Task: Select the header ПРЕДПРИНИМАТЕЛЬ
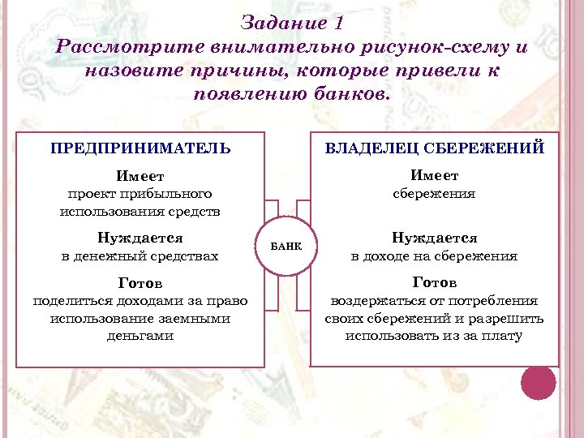click(140, 148)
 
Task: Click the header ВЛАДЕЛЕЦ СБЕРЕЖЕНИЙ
click(435, 148)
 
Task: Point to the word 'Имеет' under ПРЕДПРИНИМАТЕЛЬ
click(140, 176)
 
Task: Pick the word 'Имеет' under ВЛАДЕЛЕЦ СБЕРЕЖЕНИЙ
click(434, 176)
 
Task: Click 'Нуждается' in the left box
click(140, 238)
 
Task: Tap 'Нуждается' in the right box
click(434, 238)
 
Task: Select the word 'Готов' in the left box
click(140, 283)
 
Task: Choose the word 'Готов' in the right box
click(434, 283)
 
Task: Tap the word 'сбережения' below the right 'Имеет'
click(434, 195)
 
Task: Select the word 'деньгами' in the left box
click(140, 336)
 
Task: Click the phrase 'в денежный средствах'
click(140, 257)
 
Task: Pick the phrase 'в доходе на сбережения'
click(434, 257)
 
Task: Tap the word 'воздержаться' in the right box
click(372, 301)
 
